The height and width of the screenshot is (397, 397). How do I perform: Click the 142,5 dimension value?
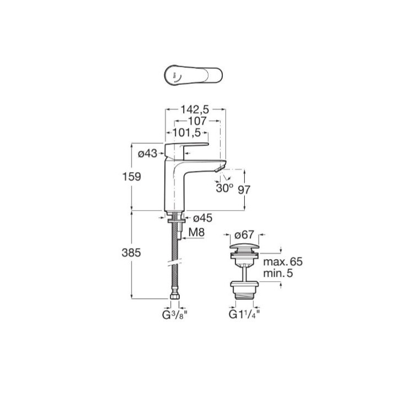pos(195,110)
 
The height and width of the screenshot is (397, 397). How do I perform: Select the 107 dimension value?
pos(196,121)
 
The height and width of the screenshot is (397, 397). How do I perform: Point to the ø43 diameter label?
pos(147,154)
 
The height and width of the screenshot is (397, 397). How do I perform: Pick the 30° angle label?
pos(225,187)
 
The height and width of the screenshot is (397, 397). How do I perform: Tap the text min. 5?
pos(277,272)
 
